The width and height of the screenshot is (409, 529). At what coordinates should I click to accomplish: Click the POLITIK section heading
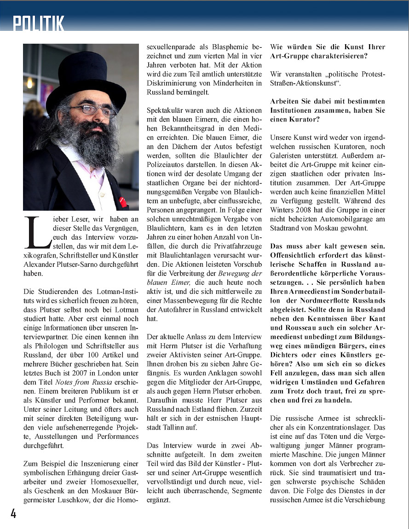point(39,23)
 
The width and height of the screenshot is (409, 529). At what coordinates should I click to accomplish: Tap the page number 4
point(13,513)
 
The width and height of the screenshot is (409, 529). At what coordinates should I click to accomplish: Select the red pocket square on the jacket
point(122,201)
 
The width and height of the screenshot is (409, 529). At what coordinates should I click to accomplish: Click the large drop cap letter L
point(37,232)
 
